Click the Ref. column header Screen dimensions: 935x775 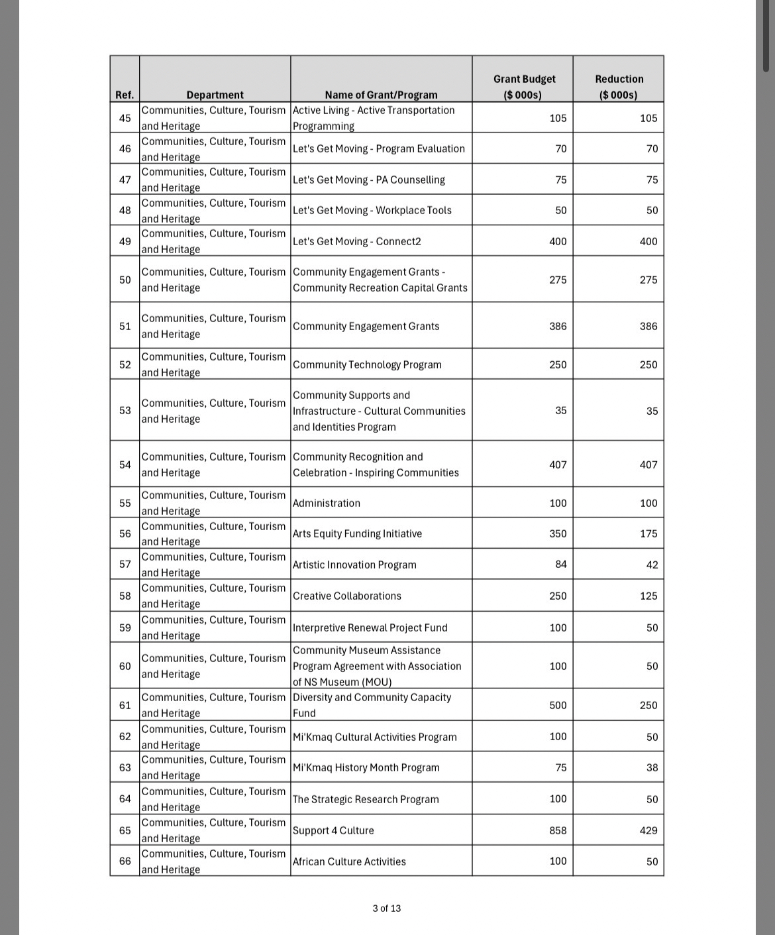coord(125,95)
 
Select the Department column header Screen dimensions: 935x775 coord(215,95)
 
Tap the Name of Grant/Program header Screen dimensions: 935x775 coord(381,95)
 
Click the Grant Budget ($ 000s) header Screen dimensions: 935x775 coord(523,87)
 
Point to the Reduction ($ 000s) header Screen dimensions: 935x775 coord(619,87)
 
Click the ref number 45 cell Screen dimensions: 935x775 coord(125,118)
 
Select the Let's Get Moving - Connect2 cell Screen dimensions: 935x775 coord(357,241)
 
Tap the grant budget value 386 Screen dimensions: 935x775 coord(558,326)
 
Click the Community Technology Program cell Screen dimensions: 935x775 coord(367,364)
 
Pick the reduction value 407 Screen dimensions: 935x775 coord(648,465)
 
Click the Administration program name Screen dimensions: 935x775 coord(327,503)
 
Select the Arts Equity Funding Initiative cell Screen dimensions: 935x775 coord(357,533)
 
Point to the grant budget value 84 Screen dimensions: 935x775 coord(560,565)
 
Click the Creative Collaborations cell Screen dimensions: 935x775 coord(347,596)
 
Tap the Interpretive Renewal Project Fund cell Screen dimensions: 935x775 coord(370,628)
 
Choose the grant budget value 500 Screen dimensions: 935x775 coord(558,705)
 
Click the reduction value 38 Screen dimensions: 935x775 coord(652,767)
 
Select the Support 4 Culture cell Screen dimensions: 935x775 coord(333,830)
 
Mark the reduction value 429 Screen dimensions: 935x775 coord(648,830)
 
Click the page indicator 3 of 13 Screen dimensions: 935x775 coord(387,908)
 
